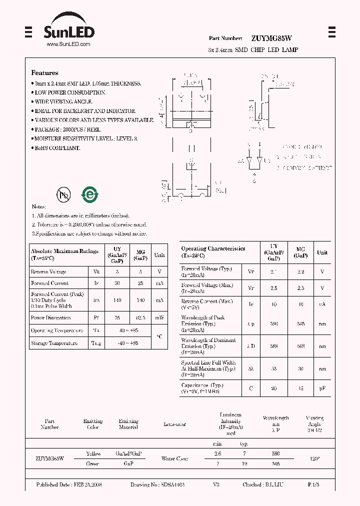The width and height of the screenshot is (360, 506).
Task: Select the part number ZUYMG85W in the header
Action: click(x=272, y=38)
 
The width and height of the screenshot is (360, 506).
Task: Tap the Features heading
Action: click(x=44, y=72)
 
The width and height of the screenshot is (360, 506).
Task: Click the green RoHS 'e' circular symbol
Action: click(x=90, y=194)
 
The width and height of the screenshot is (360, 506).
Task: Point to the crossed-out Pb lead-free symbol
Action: click(x=63, y=194)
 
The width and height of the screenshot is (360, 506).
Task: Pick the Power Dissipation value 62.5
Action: click(x=140, y=317)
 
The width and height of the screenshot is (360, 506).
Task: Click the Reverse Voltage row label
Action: click(x=48, y=271)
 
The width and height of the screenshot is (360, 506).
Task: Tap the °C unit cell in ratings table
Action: click(x=159, y=336)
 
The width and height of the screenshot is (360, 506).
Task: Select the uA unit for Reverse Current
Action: click(x=322, y=304)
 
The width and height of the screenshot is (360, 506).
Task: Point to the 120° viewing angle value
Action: click(x=314, y=458)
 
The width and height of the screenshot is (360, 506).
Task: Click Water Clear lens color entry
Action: click(x=174, y=458)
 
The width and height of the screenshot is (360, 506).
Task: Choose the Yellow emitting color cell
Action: click(x=93, y=453)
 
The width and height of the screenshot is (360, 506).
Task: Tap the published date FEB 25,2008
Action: click(x=69, y=485)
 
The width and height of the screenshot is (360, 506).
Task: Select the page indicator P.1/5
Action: click(x=314, y=485)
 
